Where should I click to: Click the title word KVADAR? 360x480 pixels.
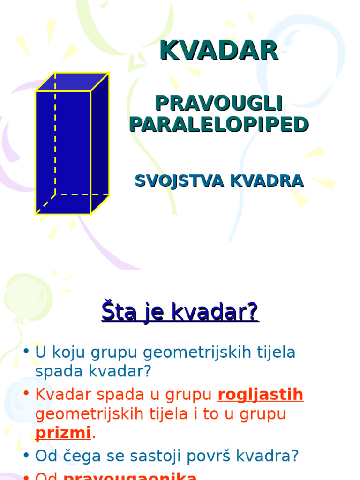coord(219,51)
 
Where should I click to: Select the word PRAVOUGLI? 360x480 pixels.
coord(218,104)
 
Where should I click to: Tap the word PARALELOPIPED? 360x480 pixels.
coord(218,124)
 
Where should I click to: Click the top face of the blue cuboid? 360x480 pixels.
coord(73,82)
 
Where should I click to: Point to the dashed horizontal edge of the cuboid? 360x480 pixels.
coord(82,194)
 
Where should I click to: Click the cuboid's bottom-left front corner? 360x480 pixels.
coord(37,214)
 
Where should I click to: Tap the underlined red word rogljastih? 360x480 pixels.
coord(260,395)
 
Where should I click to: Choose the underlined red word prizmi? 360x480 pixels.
coord(63,433)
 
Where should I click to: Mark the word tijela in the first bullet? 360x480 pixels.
coord(275,352)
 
